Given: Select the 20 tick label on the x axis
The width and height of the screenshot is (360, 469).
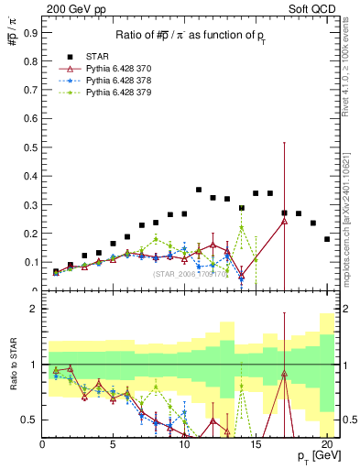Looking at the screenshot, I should coord(327,443).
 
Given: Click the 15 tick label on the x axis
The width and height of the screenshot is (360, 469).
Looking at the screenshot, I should coord(256,443).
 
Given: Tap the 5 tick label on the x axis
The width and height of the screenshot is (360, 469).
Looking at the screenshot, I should coord(114,443).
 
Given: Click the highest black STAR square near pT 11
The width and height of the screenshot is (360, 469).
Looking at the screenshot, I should coord(199,190).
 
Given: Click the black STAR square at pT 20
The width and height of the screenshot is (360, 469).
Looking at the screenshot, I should coord(327,239).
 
